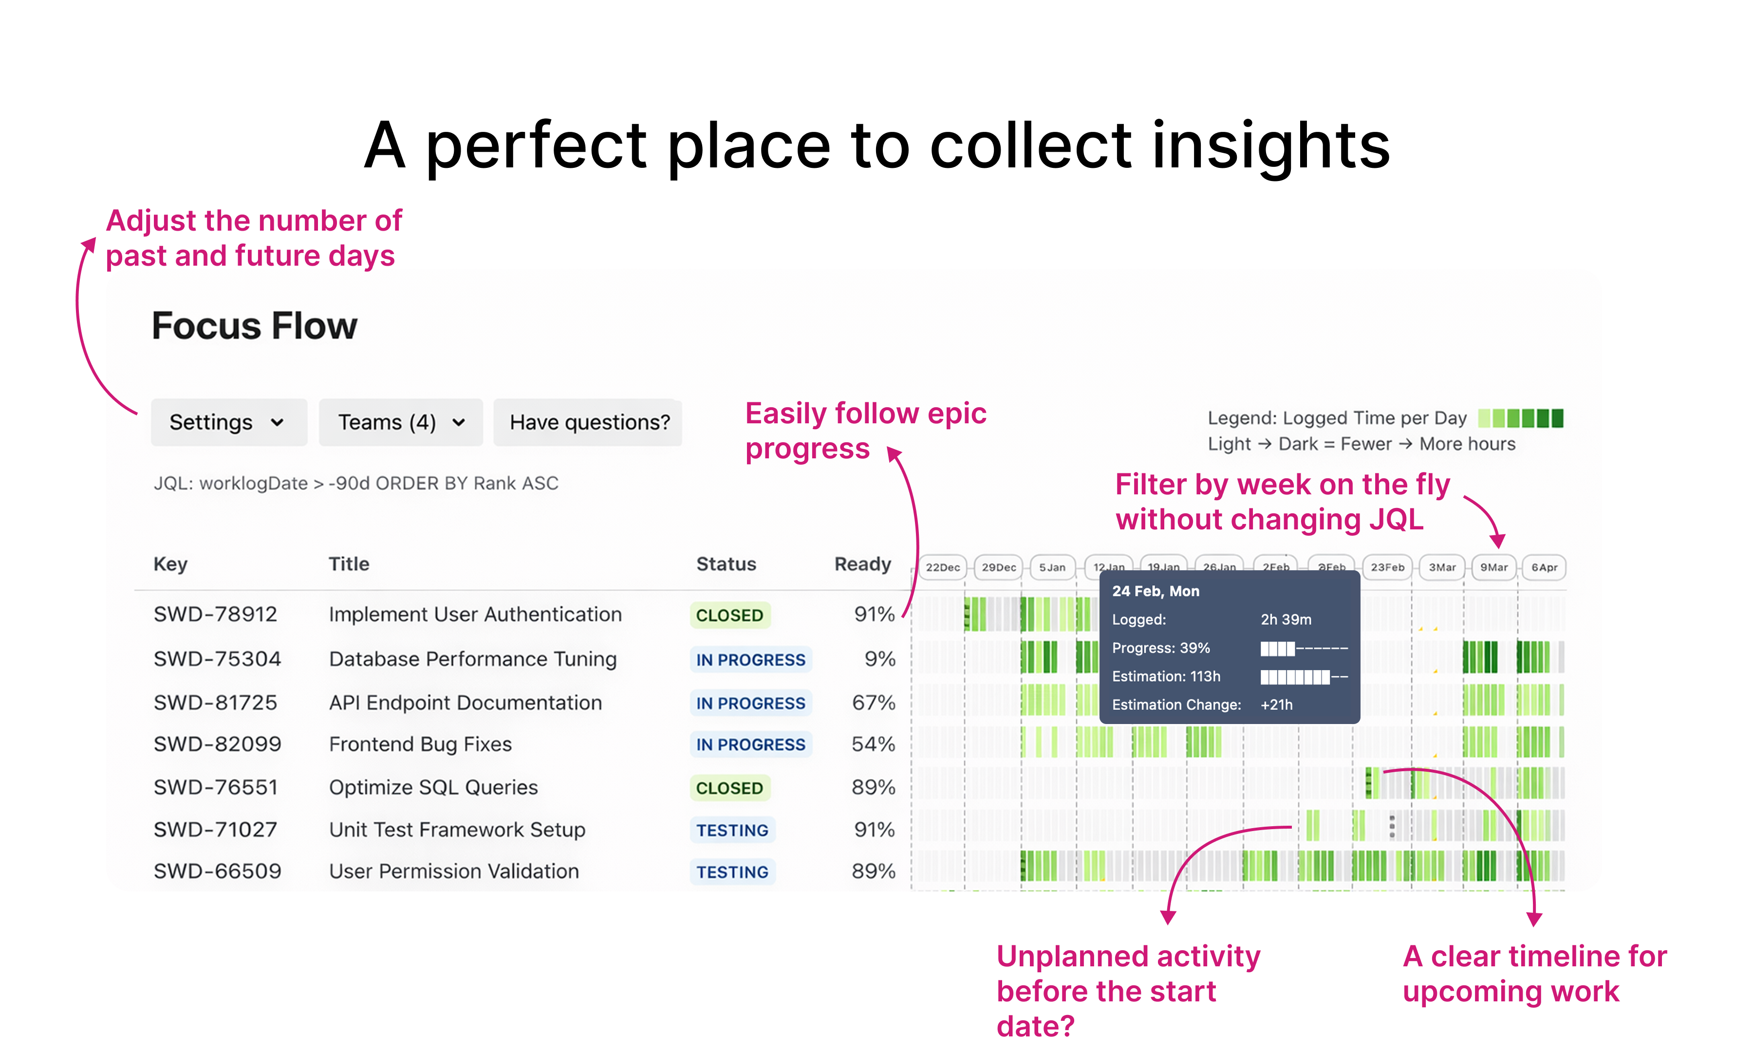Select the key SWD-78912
point(215,614)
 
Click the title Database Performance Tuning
point(473,659)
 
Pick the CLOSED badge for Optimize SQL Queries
point(729,788)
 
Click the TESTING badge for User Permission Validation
point(732,872)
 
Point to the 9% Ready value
point(879,659)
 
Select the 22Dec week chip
point(942,567)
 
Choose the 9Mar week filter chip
point(1493,567)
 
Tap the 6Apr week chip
point(1544,567)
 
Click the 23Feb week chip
point(1387,567)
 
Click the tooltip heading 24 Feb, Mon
point(1155,591)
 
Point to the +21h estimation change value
point(1276,705)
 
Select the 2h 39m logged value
point(1286,620)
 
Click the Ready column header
point(861,564)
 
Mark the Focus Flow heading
point(254,326)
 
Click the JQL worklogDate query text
point(355,483)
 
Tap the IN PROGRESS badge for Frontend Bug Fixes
point(750,744)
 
